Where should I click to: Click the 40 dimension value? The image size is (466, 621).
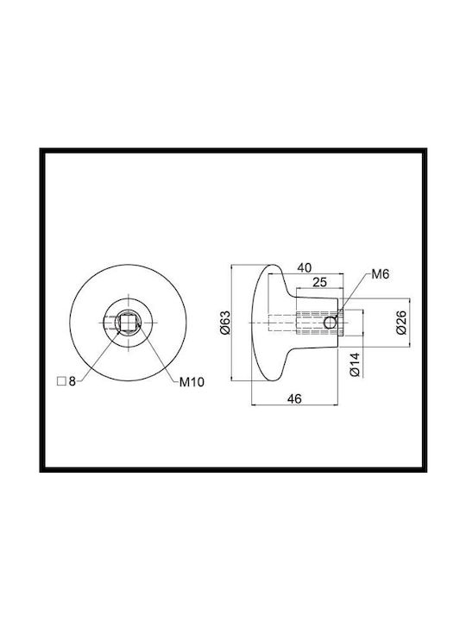pyautogui.click(x=305, y=267)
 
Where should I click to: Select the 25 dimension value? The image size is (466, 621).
pyautogui.click(x=320, y=282)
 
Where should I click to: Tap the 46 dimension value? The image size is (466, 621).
pyautogui.click(x=294, y=398)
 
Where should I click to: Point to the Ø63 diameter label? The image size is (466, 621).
pyautogui.click(x=224, y=323)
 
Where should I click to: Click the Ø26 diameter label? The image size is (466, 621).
pyautogui.click(x=401, y=323)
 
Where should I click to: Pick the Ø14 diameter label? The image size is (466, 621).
pyautogui.click(x=355, y=364)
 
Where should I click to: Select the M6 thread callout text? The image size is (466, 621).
pyautogui.click(x=381, y=274)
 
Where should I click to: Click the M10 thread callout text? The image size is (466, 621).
pyautogui.click(x=192, y=382)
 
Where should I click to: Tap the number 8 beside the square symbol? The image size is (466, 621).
pyautogui.click(x=72, y=381)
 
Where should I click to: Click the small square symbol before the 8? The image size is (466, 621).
pyautogui.click(x=61, y=381)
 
